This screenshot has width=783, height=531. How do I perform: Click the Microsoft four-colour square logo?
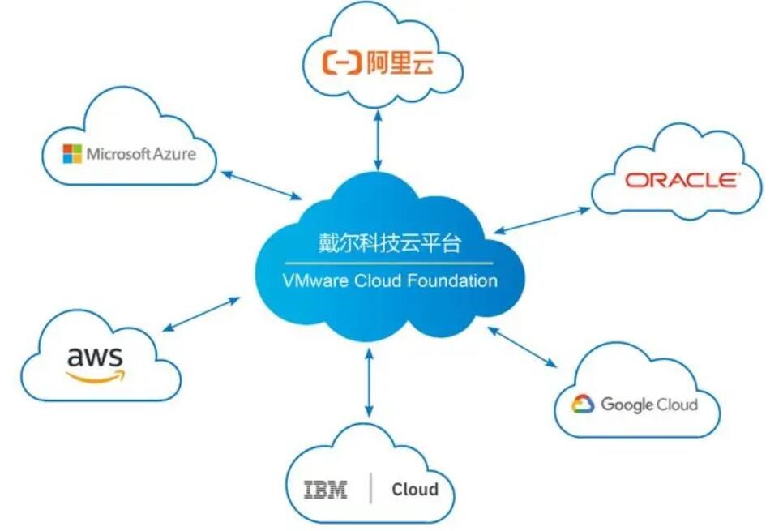tap(72, 153)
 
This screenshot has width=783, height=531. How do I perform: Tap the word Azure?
tap(174, 153)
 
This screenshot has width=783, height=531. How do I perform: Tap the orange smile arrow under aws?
tap(96, 376)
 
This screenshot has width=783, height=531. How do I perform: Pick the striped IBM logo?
tap(326, 490)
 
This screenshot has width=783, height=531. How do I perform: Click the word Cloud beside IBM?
tap(415, 489)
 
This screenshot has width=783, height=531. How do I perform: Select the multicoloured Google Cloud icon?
tap(583, 404)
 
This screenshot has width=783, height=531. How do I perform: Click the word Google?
tap(627, 404)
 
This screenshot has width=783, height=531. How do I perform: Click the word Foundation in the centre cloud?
tap(452, 280)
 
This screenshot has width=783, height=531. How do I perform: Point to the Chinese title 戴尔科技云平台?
tap(390, 243)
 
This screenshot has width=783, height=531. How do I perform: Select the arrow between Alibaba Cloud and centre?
tap(378, 140)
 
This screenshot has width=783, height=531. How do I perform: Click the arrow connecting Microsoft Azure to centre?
tap(261, 186)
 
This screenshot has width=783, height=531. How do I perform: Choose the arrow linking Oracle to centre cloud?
tap(541, 221)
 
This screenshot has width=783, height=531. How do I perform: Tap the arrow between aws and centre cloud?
tap(201, 315)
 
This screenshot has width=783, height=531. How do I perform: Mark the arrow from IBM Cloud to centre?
tap(369, 383)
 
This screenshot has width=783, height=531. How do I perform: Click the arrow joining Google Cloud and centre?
tap(522, 347)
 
